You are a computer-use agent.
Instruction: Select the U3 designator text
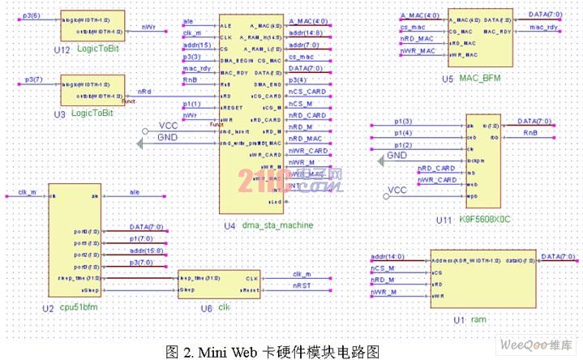tap(60, 114)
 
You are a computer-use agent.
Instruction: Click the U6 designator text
tap(207, 309)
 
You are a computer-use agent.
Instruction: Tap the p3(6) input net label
tap(29, 15)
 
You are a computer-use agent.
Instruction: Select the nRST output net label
tap(301, 285)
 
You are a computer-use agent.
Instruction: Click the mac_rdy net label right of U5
tap(542, 27)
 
